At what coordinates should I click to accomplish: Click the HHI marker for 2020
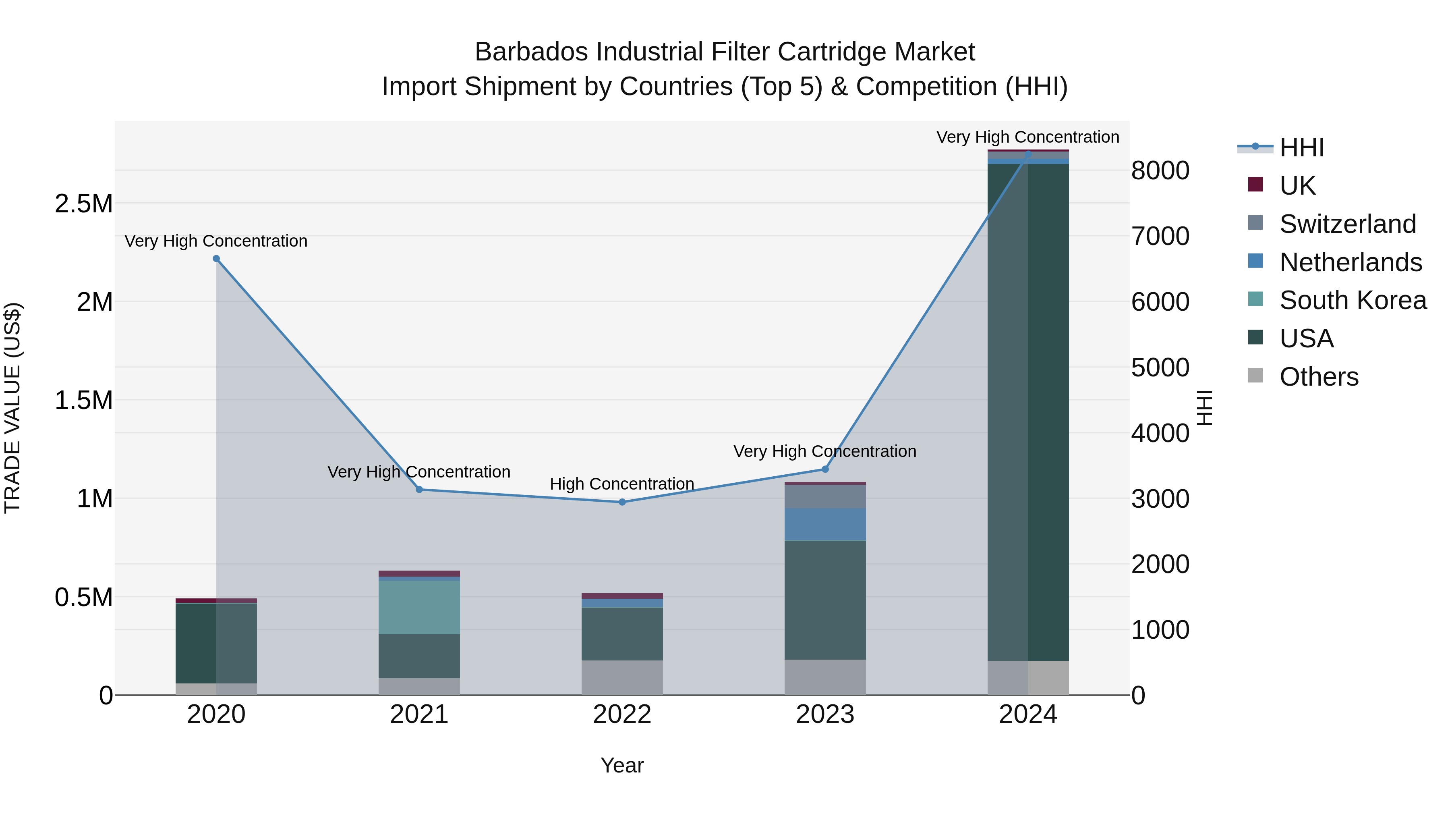216,258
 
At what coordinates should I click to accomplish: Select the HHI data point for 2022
622,502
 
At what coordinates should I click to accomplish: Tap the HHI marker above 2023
825,469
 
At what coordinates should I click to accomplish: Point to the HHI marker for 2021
419,489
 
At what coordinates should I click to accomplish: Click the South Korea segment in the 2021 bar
419,607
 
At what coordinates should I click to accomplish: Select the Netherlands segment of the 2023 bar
825,524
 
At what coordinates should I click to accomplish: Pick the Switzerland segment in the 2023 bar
825,496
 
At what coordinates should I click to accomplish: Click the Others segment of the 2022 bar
622,677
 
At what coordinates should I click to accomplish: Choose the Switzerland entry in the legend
1347,224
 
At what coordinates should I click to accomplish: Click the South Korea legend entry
1353,300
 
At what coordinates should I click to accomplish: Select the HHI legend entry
1301,147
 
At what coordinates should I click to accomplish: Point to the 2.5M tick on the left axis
84,203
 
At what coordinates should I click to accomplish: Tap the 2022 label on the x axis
622,714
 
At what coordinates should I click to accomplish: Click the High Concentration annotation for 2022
622,484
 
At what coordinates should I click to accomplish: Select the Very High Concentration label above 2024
1028,137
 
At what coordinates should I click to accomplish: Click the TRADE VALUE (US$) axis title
13,408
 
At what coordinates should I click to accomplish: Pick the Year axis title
622,765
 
